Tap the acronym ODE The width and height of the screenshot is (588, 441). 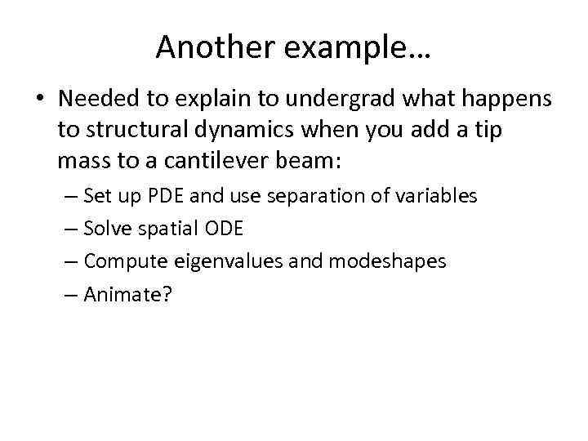pos(223,229)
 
